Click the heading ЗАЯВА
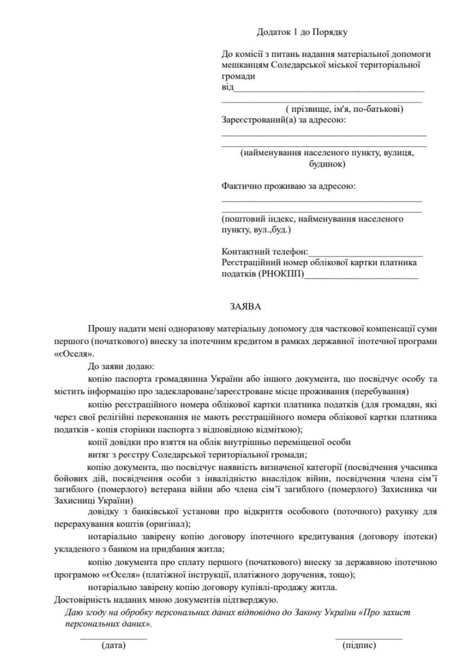tap(245, 307)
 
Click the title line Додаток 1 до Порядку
tap(302, 32)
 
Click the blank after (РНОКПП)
tap(361, 275)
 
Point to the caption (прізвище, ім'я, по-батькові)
tap(344, 109)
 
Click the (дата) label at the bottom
tap(113, 645)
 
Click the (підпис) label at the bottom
tap(359, 645)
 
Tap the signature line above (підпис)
tap(369, 638)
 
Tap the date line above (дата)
tap(113, 638)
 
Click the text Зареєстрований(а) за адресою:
tap(283, 119)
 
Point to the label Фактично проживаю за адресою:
tap(289, 186)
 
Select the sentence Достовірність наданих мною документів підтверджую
tap(166, 600)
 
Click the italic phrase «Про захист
tap(385, 612)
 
